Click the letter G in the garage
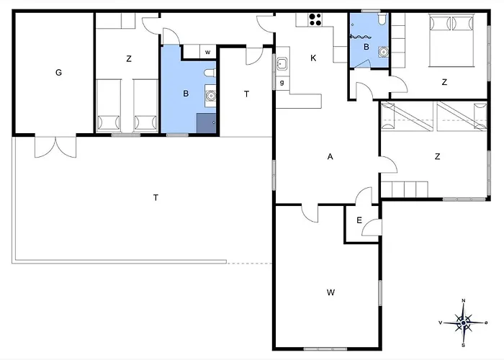58,73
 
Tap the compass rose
463,323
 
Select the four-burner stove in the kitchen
315,19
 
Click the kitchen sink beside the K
282,63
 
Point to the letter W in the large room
330,292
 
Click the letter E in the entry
359,220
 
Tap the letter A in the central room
330,156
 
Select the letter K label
313,58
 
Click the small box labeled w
207,52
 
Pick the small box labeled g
282,83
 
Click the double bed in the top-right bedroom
451,40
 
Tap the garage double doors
55,147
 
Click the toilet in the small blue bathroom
382,19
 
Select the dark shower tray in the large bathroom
207,123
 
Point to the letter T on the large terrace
156,197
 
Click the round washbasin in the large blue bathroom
210,96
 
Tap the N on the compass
464,300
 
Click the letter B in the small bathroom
366,47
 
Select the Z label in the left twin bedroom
129,59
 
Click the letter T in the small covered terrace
246,94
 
